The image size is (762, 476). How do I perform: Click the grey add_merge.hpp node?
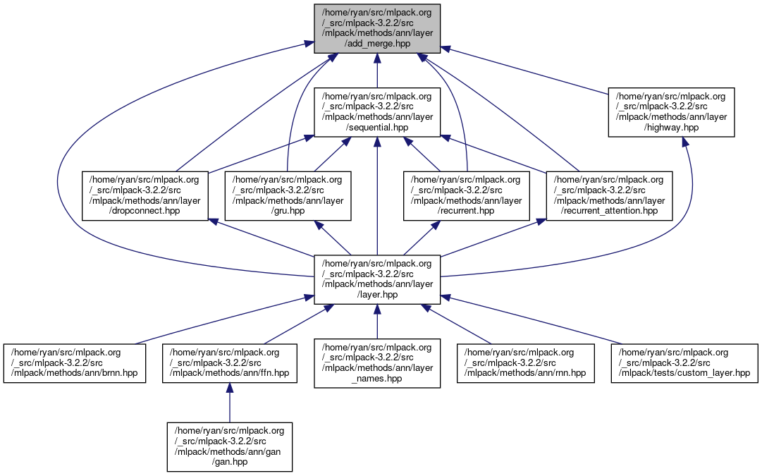pyautogui.click(x=377, y=28)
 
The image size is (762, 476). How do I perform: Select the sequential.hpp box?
pyautogui.click(x=377, y=112)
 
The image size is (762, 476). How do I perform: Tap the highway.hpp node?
pyautogui.click(x=672, y=112)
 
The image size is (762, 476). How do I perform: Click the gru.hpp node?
pyautogui.click(x=287, y=195)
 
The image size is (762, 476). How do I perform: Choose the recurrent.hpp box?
pyautogui.click(x=466, y=195)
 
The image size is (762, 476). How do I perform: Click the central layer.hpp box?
pyautogui.click(x=377, y=279)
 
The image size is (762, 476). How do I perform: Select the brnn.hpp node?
pyautogui.click(x=75, y=362)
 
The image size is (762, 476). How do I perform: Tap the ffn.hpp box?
pyautogui.click(x=229, y=362)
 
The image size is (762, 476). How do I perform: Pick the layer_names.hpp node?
pyautogui.click(x=377, y=362)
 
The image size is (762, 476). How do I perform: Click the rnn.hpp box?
pyautogui.click(x=525, y=362)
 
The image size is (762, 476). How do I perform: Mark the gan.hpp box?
pyautogui.click(x=229, y=446)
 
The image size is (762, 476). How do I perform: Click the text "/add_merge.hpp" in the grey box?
pyautogui.click(x=377, y=44)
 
